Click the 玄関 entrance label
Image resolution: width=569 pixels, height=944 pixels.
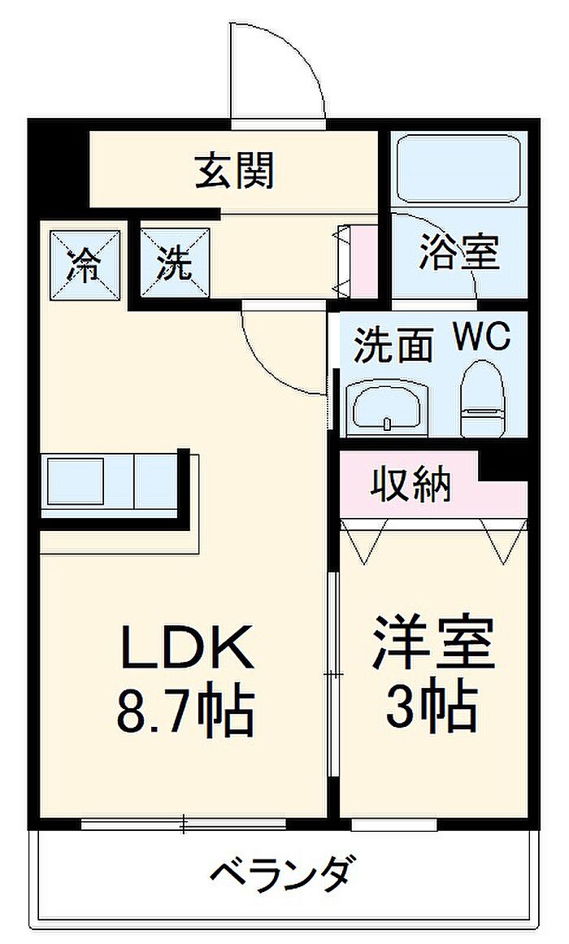235,171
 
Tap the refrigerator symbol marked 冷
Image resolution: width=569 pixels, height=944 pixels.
85,264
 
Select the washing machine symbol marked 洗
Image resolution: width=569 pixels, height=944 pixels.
176,264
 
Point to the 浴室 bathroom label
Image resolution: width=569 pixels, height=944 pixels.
459,253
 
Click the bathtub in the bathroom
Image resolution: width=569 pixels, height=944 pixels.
459,169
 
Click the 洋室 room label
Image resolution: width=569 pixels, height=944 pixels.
433,642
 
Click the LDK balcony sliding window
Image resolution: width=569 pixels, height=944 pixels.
184,824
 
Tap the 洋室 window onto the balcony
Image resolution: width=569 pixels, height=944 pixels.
394,824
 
